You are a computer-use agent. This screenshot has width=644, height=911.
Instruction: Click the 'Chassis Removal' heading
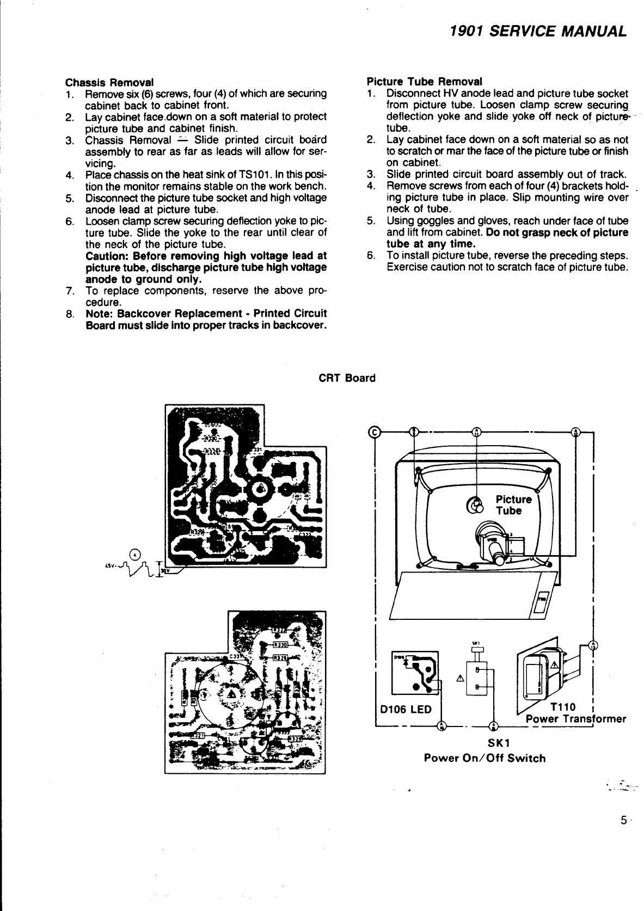(109, 82)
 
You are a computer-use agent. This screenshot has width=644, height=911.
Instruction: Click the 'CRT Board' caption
(347, 378)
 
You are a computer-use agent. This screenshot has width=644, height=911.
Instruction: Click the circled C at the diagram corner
(373, 432)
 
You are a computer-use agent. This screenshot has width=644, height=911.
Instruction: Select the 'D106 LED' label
(406, 709)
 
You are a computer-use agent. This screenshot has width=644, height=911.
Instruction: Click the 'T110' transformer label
(563, 706)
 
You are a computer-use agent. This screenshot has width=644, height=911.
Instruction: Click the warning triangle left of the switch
(461, 678)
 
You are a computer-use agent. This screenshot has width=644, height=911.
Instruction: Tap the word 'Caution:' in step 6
(107, 256)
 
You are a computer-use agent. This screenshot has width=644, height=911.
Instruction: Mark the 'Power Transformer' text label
(575, 718)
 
